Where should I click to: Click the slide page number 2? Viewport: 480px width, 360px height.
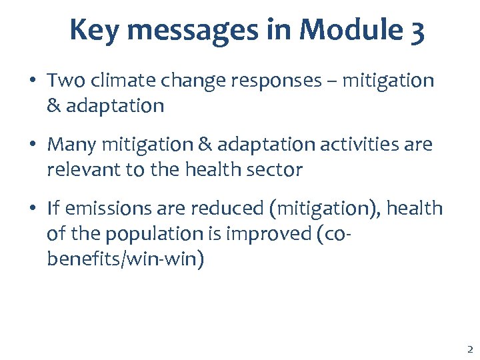tap(469, 349)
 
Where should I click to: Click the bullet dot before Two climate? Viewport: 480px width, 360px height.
tap(32, 81)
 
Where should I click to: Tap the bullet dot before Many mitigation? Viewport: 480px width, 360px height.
tap(32, 145)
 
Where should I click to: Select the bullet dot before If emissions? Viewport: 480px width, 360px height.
tap(32, 209)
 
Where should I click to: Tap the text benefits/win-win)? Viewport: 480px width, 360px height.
tap(125, 259)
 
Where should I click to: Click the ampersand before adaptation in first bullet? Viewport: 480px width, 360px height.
tap(53, 106)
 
